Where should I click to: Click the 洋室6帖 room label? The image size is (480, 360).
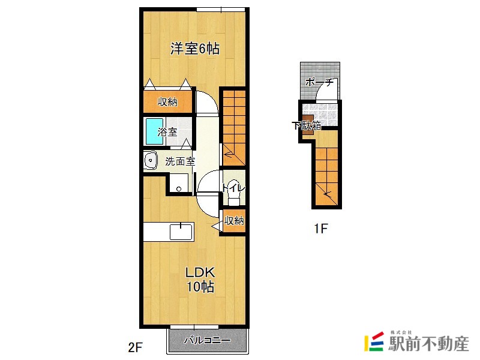194,49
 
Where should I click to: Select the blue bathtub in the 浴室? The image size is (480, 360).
154,131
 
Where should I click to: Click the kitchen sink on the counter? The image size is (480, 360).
181,232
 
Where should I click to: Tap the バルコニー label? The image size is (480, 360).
207,340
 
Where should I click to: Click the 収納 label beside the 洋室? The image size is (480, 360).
167,101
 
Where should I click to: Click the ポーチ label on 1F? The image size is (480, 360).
319,82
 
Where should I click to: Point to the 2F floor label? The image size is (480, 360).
135,347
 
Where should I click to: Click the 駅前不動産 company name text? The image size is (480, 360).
428,344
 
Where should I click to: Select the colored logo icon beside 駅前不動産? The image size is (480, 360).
374,341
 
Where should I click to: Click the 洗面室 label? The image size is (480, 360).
180,161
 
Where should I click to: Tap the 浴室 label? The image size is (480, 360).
167,132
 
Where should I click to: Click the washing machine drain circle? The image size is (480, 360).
179,189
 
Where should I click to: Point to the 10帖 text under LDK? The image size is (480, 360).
200,287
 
